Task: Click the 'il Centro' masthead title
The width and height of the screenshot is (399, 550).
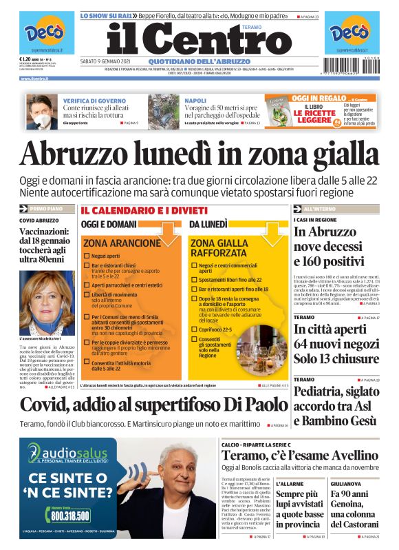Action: pos(199,40)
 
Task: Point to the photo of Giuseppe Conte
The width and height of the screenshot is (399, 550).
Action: pos(41,112)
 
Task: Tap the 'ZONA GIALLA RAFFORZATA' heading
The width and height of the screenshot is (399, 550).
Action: pos(219,247)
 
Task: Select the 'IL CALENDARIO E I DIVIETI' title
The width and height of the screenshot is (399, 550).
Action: pos(144,210)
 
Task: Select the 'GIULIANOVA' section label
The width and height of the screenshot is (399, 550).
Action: pos(343,484)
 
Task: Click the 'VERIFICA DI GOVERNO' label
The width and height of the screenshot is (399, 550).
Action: pos(87,101)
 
